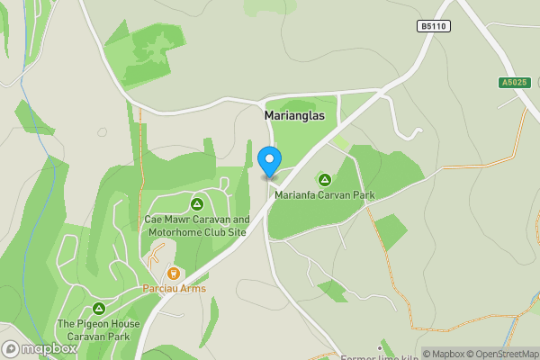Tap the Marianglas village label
pos(295,116)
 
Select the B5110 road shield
pos(434,27)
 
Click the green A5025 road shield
pos(512,83)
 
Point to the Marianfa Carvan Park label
pos(324,195)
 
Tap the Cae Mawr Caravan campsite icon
pos(197,204)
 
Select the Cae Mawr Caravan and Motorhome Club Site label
pos(197,225)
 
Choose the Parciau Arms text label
pos(175,289)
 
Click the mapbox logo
pos(40,348)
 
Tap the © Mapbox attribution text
pos(445,354)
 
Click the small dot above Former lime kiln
pos(381,344)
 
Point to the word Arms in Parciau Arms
pos(193,289)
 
